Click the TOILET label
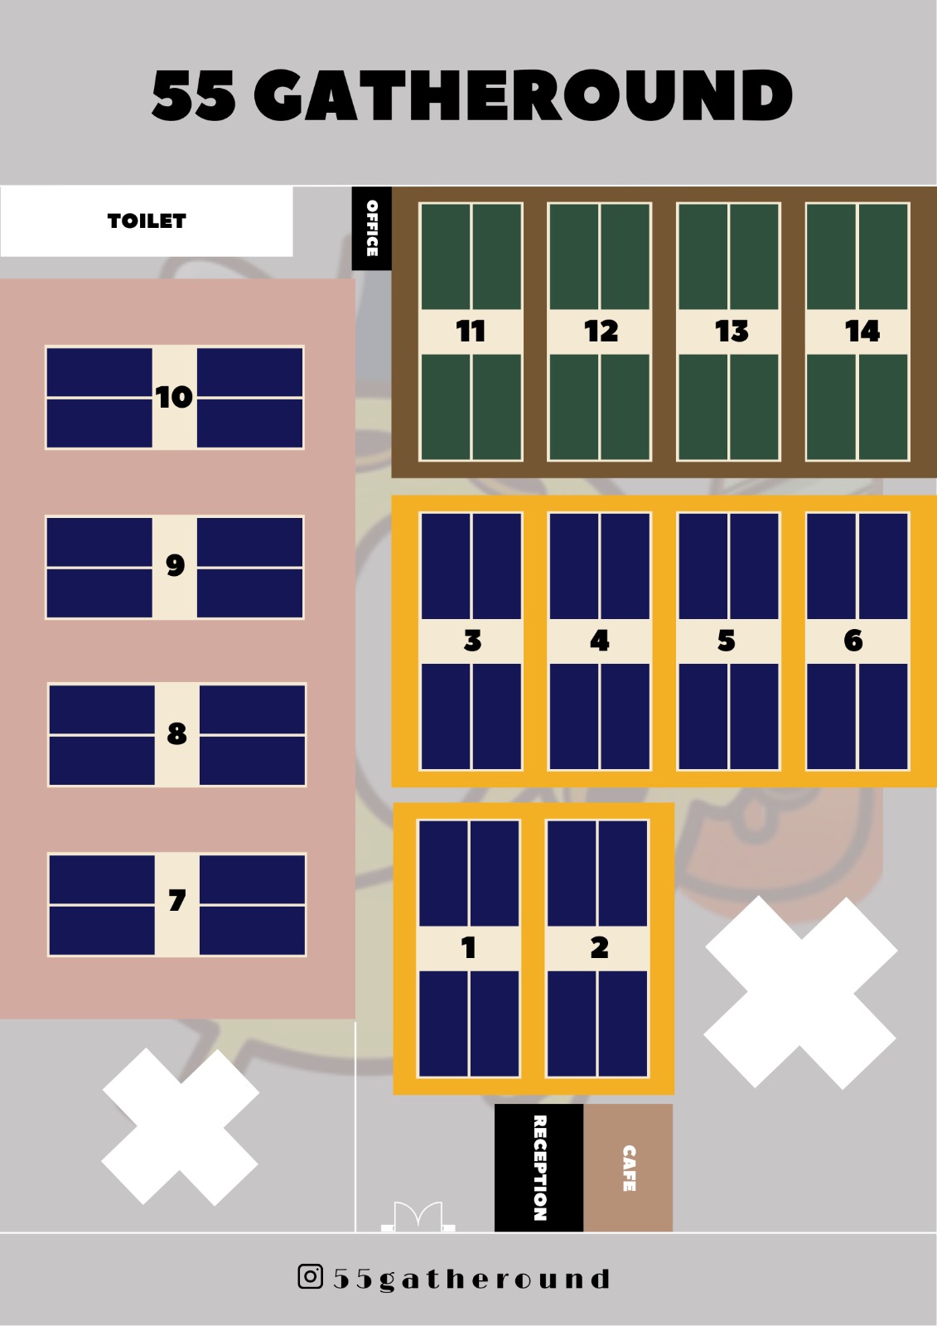coord(147,221)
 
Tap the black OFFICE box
coord(372,228)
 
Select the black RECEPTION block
coord(539,1168)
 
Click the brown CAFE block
coord(629,1168)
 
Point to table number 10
coord(174,398)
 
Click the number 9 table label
coord(175,566)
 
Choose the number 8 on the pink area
coord(176,734)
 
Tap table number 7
coord(176,902)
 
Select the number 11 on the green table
coord(471,331)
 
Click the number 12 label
coord(601,331)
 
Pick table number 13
coord(732,331)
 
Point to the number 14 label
coord(862,331)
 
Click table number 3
coord(472,641)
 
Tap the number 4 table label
coord(600,641)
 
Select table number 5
coord(727,641)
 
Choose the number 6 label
coord(853,641)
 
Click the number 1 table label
coord(469,947)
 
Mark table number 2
coord(599,947)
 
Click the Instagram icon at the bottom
coord(310,1276)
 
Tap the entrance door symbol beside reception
coord(418,1217)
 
